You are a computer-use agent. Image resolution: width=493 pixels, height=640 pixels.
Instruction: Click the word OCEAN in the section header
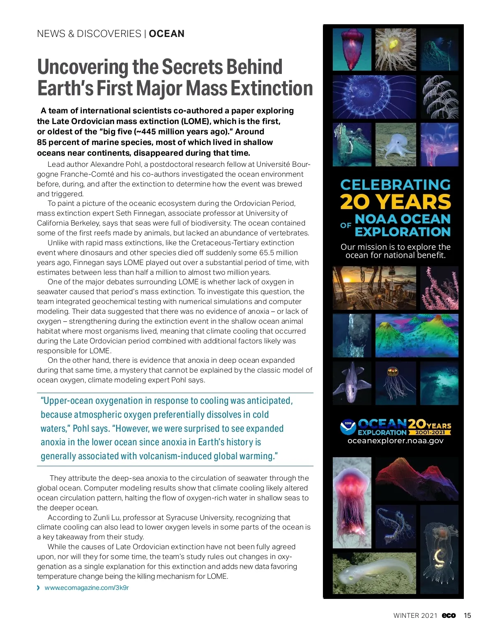(x=166, y=34)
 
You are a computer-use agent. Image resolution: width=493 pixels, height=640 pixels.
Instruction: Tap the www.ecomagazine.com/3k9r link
(x=87, y=588)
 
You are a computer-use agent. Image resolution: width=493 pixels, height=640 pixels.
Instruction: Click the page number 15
(x=467, y=615)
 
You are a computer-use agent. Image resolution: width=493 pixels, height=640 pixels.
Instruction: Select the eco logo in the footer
(x=449, y=615)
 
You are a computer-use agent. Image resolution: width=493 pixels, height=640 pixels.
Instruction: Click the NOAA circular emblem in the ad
(x=348, y=427)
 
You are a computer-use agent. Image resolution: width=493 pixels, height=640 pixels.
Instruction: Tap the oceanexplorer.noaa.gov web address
(x=395, y=441)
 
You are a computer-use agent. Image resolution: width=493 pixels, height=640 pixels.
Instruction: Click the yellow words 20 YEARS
(x=395, y=202)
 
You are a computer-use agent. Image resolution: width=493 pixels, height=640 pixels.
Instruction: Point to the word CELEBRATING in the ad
(x=395, y=184)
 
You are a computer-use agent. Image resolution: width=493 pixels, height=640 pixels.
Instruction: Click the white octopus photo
(x=395, y=145)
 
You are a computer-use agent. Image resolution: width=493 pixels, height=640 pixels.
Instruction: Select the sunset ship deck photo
(x=374, y=288)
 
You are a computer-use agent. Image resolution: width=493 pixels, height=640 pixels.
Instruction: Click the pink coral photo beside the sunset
(x=439, y=288)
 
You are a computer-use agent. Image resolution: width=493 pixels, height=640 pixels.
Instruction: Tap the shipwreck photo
(x=352, y=145)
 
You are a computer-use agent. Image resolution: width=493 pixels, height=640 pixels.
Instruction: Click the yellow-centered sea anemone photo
(x=395, y=49)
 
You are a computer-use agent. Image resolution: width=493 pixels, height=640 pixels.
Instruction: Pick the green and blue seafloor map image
(x=417, y=336)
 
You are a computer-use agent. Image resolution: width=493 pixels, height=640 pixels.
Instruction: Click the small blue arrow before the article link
(x=39, y=588)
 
